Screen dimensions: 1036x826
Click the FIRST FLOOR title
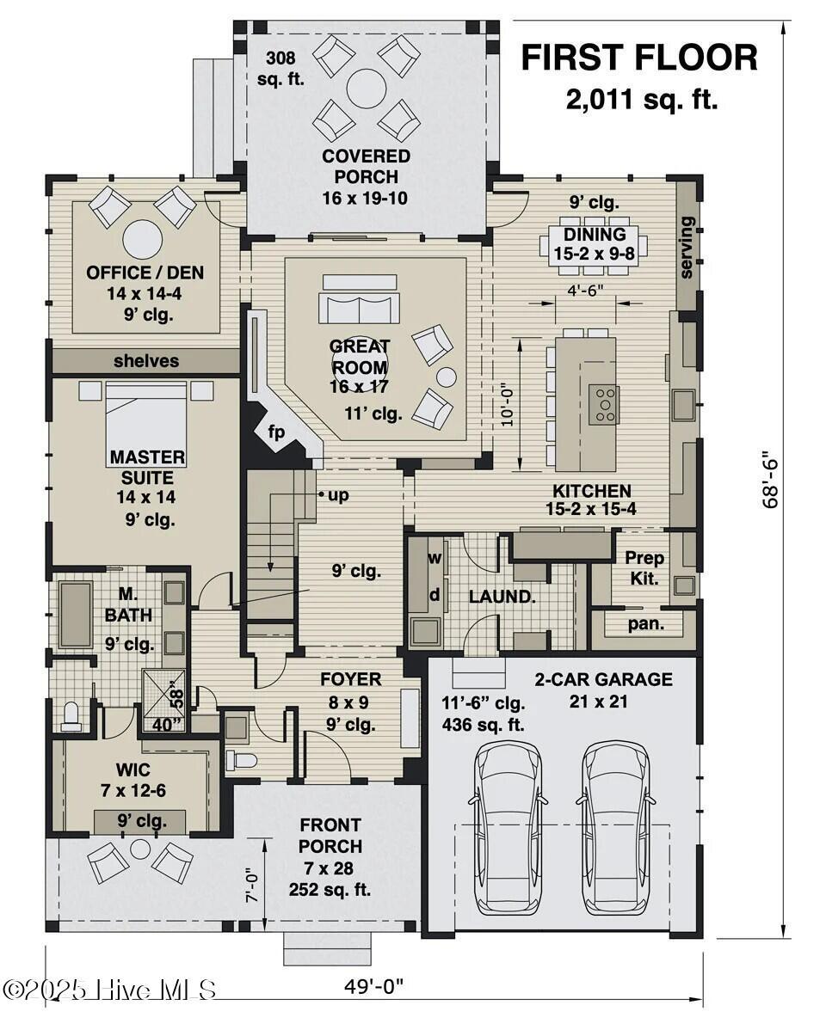tap(639, 58)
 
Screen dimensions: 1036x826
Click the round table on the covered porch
tap(367, 88)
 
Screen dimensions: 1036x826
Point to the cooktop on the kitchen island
tap(603, 403)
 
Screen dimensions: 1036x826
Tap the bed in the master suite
tap(146, 422)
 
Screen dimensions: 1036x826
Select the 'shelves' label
tap(146, 361)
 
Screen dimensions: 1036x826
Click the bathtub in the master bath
tap(76, 614)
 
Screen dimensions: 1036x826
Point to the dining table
tap(594, 245)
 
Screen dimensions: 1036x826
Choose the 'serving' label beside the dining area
tap(687, 247)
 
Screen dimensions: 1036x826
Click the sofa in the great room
tap(359, 305)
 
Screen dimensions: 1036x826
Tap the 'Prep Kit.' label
tap(644, 568)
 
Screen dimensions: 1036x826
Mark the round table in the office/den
tap(142, 239)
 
